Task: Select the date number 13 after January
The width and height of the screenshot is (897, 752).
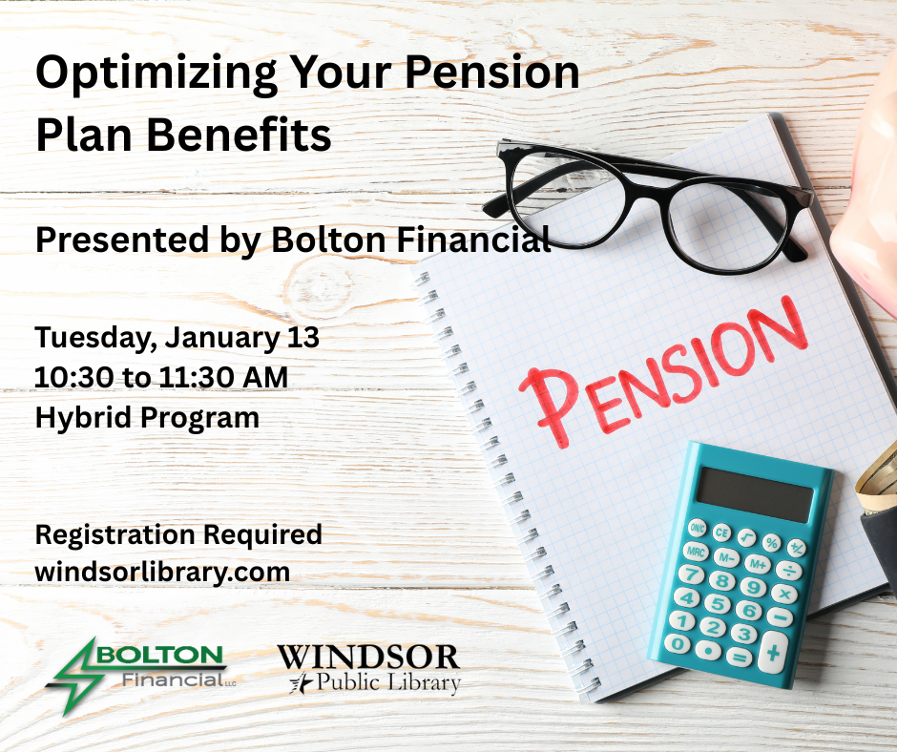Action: [x=302, y=338]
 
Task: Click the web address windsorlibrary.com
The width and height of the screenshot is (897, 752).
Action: [x=162, y=572]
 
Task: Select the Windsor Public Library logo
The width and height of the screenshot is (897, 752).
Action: [x=368, y=669]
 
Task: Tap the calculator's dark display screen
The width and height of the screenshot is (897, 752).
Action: [x=753, y=492]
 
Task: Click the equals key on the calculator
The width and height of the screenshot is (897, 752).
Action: [x=738, y=657]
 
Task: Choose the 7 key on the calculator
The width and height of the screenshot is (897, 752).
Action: [x=693, y=574]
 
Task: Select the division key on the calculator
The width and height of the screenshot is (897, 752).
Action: [x=788, y=571]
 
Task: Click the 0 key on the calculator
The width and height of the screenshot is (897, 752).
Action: [x=678, y=642]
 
